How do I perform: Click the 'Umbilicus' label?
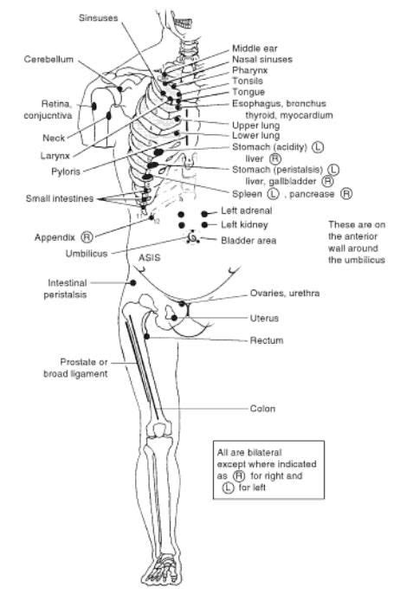(87, 255)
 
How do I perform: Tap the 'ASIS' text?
(148, 257)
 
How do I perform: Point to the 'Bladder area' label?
(249, 240)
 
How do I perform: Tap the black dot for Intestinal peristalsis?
(133, 282)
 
